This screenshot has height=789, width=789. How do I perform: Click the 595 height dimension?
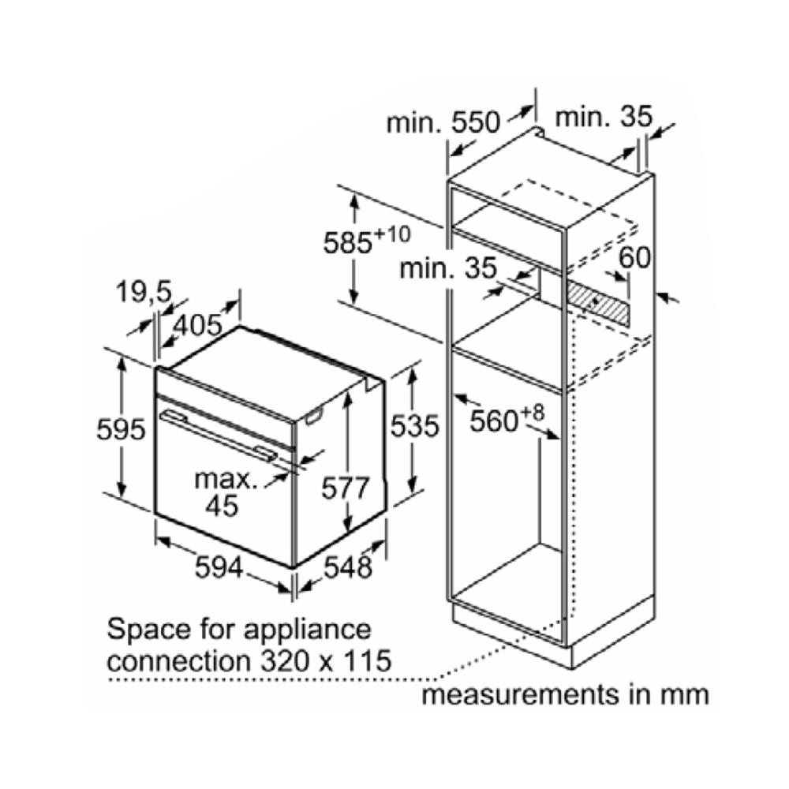click(x=121, y=430)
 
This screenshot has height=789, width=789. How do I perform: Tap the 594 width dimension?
click(x=219, y=567)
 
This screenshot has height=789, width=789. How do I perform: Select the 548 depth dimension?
click(x=348, y=567)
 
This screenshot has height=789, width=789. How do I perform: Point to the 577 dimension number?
click(x=346, y=488)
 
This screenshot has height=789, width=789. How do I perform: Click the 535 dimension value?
click(x=415, y=426)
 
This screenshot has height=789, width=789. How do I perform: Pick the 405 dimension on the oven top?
click(x=197, y=325)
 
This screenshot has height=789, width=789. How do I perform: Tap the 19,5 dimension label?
click(x=144, y=291)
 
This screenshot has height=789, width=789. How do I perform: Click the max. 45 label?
click(x=225, y=492)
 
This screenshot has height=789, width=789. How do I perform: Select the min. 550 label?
click(x=443, y=122)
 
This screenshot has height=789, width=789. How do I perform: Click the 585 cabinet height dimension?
click(x=347, y=243)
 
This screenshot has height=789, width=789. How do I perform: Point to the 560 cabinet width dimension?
click(x=494, y=421)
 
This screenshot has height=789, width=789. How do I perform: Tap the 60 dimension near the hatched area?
click(x=634, y=258)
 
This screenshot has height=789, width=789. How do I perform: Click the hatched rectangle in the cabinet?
click(x=598, y=302)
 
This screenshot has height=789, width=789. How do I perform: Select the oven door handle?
click(x=218, y=435)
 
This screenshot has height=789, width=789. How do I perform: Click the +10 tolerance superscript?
click(x=392, y=234)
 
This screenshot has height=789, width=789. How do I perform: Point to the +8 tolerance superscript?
click(x=532, y=413)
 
